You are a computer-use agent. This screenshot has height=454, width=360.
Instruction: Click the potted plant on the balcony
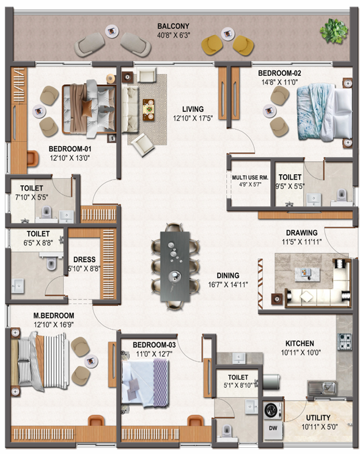coord(334,31)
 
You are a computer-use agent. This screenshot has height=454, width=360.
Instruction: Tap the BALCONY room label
coord(173,26)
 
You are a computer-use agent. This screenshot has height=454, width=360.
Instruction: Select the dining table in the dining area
coord(175,266)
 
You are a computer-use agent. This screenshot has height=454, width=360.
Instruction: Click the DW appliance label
coord(273,428)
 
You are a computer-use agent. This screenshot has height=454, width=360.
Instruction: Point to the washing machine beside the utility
coord(273,410)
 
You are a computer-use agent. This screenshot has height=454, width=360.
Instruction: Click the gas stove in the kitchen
coord(344,342)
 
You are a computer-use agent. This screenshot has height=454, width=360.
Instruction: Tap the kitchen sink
coord(322,388)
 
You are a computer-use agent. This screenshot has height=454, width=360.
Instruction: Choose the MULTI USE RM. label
coord(250,177)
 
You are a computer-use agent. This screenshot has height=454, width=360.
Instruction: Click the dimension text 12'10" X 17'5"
coord(193,118)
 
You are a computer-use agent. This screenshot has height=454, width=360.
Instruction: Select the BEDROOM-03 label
coord(154,345)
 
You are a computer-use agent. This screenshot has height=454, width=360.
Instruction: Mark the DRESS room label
coord(84,260)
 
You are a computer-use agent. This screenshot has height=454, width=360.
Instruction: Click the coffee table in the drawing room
coord(307,274)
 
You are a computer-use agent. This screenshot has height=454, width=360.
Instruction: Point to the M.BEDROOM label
coord(54,315)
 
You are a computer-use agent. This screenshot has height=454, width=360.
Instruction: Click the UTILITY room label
coord(318,417)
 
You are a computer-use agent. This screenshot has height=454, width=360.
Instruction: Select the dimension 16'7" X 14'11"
coord(228,285)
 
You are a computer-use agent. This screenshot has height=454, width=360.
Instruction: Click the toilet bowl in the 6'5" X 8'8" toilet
coord(51,263)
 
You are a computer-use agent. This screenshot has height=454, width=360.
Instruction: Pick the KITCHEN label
coord(299,343)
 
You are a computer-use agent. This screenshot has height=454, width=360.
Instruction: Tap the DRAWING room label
coord(301,233)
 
